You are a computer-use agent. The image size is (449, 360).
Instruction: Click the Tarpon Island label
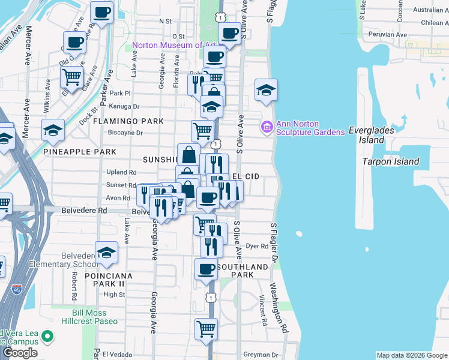tap(391, 161)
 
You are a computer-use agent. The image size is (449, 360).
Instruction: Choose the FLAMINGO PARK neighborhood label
tap(128, 121)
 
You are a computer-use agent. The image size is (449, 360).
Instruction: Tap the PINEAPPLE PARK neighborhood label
tap(80, 152)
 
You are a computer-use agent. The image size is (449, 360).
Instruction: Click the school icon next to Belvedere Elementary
tap(106, 253)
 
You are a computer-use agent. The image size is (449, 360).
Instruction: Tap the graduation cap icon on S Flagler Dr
tap(266, 91)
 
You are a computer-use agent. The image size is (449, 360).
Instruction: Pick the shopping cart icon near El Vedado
tap(206, 329)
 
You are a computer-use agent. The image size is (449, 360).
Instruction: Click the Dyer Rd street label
tap(257, 246)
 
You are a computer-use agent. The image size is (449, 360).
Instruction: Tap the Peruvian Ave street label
tap(388, 35)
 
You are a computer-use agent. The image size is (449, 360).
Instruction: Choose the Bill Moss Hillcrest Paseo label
tap(97, 317)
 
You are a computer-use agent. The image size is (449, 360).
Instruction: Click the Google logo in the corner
tap(20, 353)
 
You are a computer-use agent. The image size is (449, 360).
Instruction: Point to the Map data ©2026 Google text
tap(412, 355)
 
